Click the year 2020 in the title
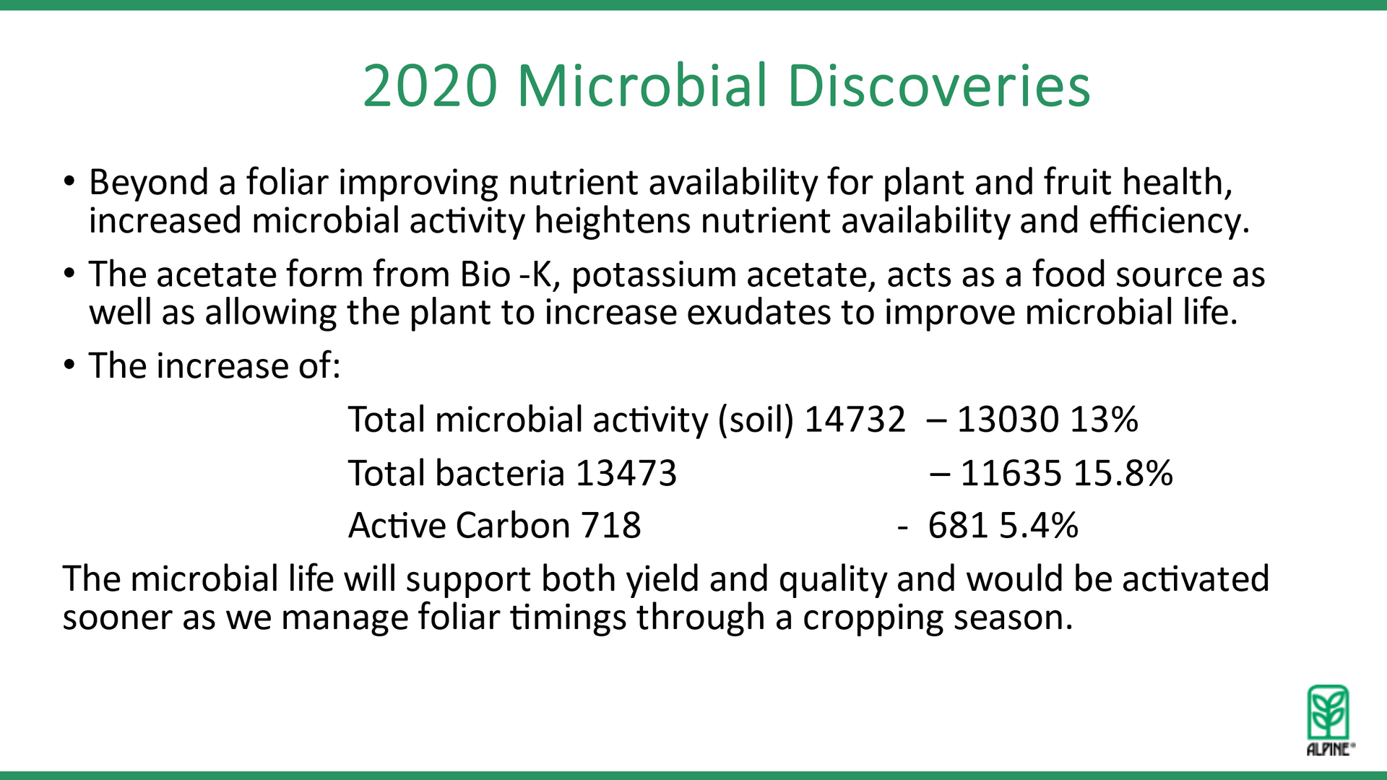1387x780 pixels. [x=431, y=86]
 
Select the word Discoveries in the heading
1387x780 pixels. [x=938, y=85]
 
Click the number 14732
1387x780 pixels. [x=855, y=420]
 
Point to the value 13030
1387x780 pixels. [x=1008, y=420]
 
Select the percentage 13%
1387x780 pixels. [x=1105, y=420]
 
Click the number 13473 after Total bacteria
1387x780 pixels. [x=626, y=473]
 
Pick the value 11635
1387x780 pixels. [x=1011, y=473]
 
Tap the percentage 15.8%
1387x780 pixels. [x=1123, y=473]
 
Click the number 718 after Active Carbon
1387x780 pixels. [x=611, y=525]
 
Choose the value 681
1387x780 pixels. [x=958, y=525]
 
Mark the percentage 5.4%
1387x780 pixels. [x=1039, y=525]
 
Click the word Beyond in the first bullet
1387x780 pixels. [x=148, y=183]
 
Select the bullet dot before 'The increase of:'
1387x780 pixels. [x=69, y=365]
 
